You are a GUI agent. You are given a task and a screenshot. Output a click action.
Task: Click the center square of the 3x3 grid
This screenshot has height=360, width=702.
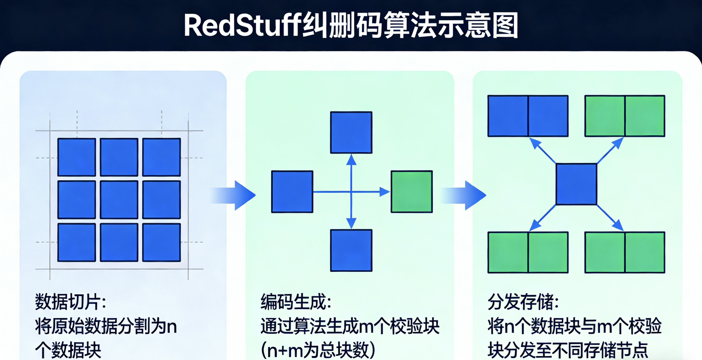(x=119, y=200)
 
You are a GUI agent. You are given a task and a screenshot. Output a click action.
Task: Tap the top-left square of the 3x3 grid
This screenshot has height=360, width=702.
(x=77, y=157)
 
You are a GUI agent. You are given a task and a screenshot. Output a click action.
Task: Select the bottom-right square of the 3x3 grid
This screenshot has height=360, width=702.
(x=161, y=242)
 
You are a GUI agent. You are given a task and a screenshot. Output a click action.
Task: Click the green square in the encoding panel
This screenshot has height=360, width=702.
(x=411, y=191)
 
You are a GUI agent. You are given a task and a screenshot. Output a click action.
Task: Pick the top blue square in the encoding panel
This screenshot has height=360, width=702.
(x=351, y=132)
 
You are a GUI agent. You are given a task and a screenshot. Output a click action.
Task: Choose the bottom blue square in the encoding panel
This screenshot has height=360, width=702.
(x=351, y=250)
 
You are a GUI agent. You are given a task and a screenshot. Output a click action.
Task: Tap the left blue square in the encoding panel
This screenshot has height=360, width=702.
(x=292, y=191)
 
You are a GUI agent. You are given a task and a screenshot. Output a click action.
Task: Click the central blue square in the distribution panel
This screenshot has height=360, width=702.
(x=576, y=184)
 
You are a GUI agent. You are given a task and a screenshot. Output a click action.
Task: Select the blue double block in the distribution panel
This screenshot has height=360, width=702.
(x=528, y=116)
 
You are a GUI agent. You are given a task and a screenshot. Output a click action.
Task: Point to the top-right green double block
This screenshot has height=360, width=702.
(x=625, y=116)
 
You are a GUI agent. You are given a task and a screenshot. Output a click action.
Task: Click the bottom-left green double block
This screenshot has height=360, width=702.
(x=528, y=252)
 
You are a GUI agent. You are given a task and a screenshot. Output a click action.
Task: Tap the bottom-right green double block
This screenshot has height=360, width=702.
(x=625, y=252)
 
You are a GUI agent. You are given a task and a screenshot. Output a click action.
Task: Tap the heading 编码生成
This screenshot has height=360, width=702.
(x=296, y=302)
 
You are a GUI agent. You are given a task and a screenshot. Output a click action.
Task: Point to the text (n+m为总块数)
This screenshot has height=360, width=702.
(x=318, y=350)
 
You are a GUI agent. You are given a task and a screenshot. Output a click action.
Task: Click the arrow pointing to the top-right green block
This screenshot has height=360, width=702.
(x=611, y=150)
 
